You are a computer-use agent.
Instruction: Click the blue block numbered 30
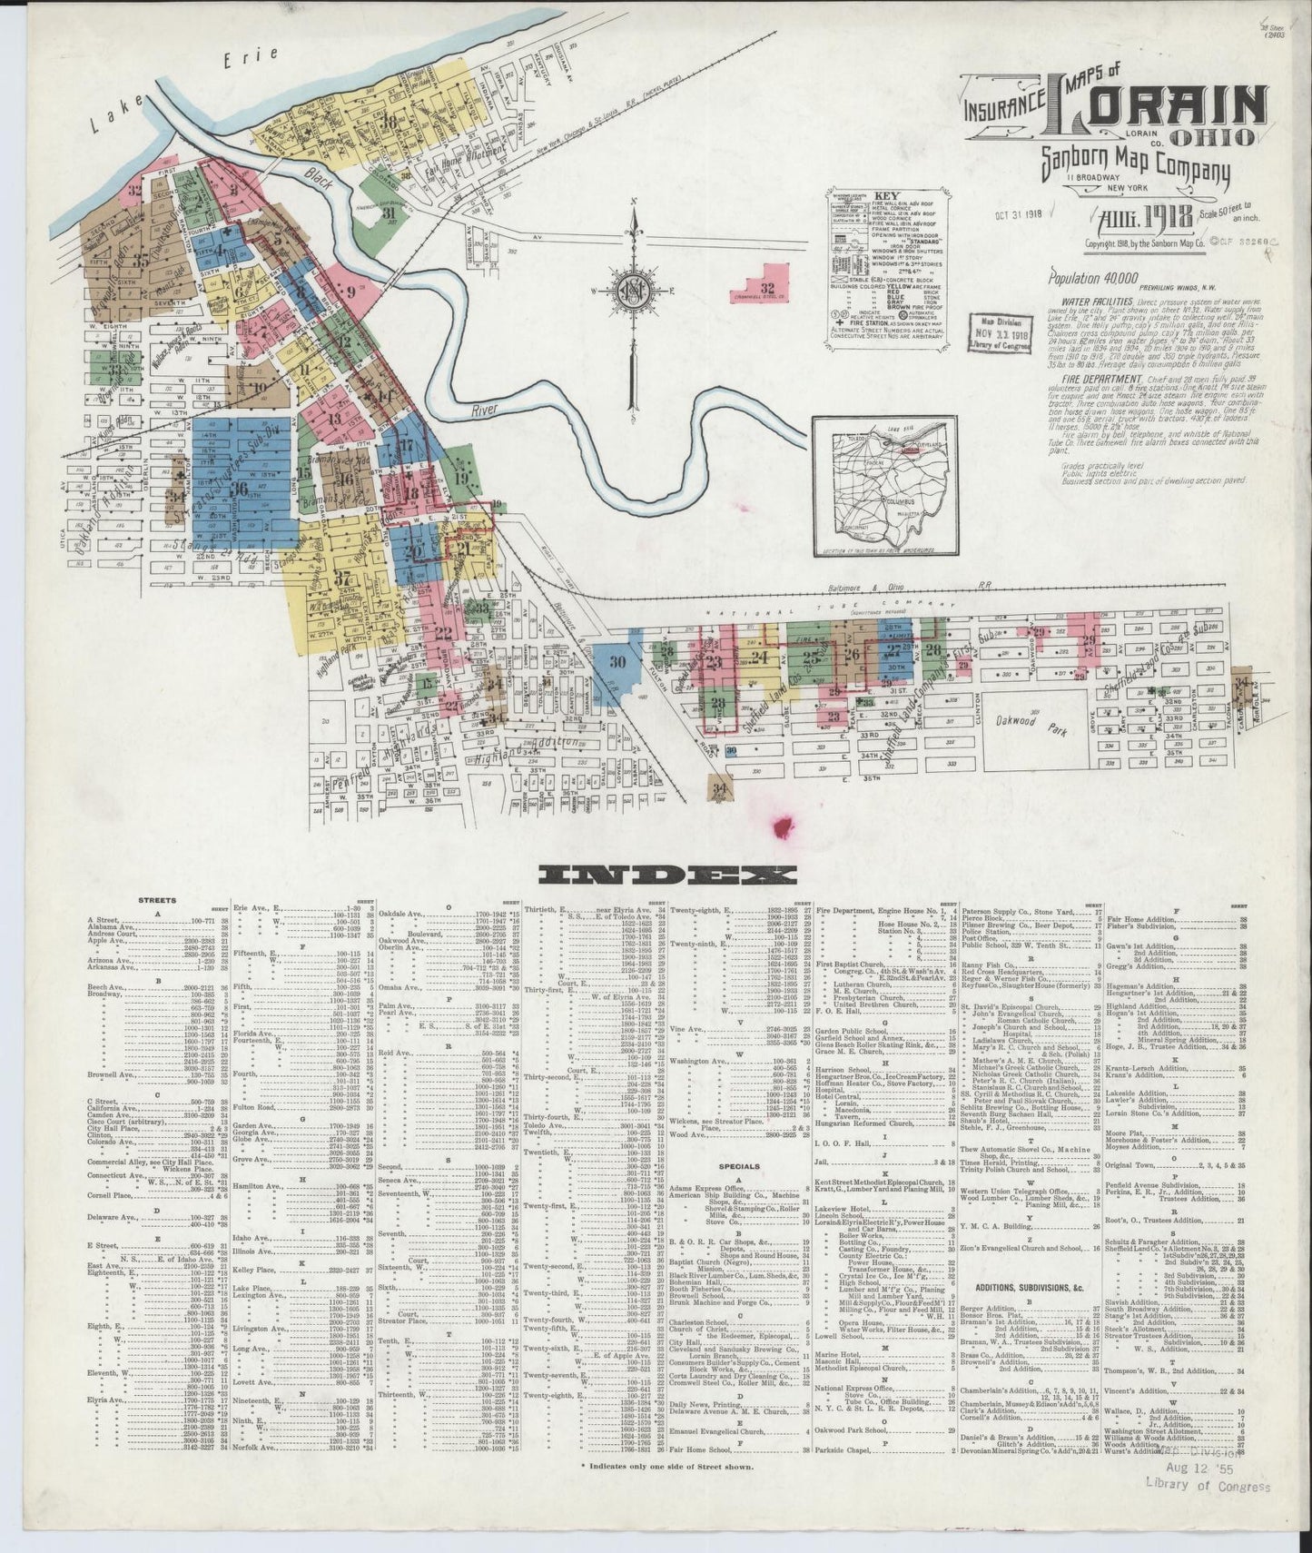coord(618,662)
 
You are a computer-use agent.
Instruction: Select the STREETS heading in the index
coord(157,900)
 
